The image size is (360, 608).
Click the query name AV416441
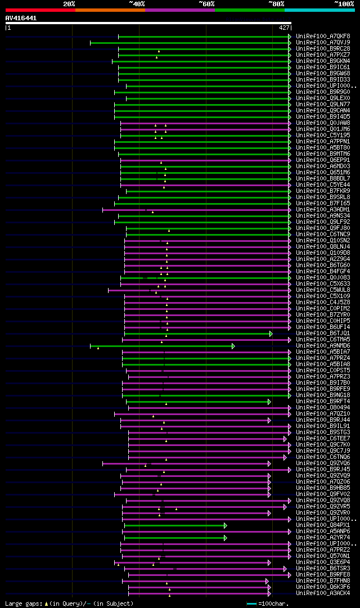[21, 18]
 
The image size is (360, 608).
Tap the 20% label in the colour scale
[69, 3]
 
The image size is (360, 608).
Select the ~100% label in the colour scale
[344, 3]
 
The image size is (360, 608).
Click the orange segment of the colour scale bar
[110, 10]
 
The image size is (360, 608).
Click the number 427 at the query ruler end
[284, 28]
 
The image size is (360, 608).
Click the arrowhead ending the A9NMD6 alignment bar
[233, 346]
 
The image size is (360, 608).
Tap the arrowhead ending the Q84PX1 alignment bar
[225, 525]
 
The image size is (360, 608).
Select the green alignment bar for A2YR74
[174, 538]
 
